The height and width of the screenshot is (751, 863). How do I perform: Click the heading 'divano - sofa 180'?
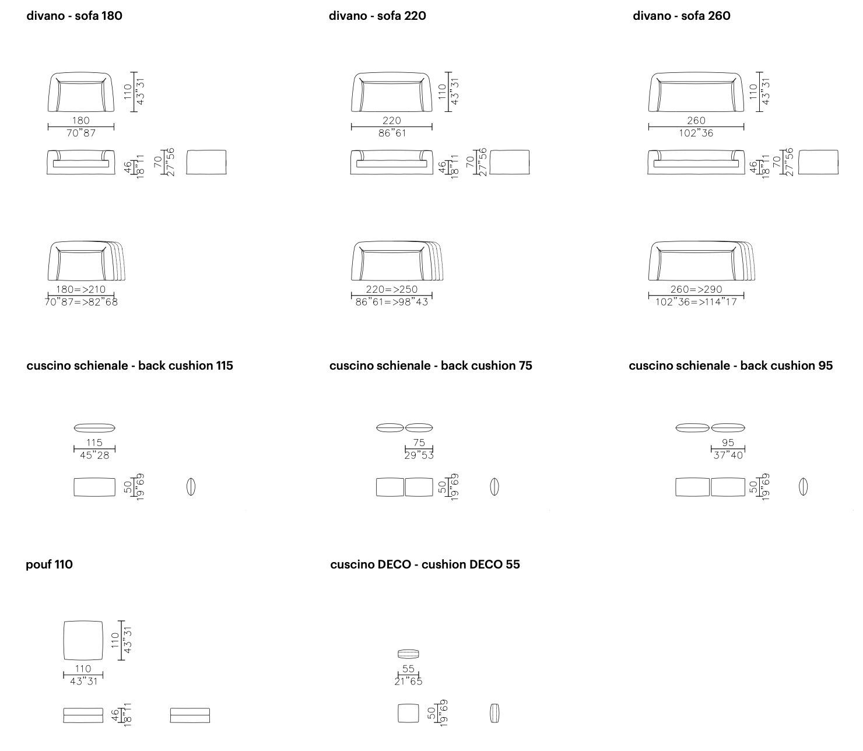(x=74, y=16)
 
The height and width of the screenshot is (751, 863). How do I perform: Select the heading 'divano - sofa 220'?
(x=377, y=16)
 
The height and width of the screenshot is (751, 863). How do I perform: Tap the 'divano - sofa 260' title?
(x=681, y=16)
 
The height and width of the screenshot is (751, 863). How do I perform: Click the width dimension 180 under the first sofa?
(x=81, y=120)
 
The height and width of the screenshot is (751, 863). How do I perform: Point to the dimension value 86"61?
(x=392, y=133)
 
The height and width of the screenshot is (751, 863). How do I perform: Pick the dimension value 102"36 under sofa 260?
(x=696, y=133)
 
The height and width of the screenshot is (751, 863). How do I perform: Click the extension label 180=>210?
(x=81, y=289)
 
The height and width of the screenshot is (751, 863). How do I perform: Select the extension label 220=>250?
(x=392, y=289)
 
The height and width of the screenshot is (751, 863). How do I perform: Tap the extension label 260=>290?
(x=696, y=289)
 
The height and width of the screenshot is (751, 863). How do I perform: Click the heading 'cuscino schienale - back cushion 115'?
(x=129, y=366)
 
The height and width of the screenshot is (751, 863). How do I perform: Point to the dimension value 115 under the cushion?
(x=94, y=443)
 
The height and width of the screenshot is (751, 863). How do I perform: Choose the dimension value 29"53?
(x=419, y=455)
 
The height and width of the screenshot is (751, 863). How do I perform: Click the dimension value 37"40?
(x=728, y=455)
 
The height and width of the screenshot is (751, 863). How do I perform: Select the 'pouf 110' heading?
(x=49, y=564)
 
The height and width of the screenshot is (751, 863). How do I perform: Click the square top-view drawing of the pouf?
(x=83, y=640)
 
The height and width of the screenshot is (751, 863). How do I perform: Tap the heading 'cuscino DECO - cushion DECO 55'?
(x=425, y=564)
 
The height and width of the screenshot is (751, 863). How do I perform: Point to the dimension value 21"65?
(x=408, y=681)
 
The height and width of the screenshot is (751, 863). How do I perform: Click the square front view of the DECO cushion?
(x=408, y=713)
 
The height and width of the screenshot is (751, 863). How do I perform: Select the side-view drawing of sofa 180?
(x=206, y=162)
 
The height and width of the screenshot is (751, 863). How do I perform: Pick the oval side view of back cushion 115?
(x=191, y=487)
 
